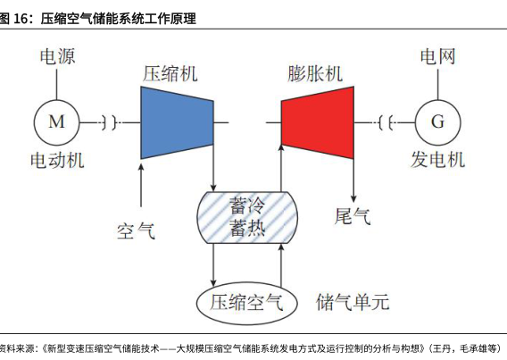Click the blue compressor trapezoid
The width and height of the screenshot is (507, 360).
point(177,122)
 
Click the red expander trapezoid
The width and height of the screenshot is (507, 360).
point(318,122)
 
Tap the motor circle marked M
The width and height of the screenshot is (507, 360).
point(56,122)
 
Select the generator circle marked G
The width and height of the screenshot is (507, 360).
point(437,122)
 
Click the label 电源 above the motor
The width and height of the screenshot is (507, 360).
point(57,56)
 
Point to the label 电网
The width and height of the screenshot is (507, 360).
point(437,56)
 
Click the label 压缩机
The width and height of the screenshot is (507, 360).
point(170,74)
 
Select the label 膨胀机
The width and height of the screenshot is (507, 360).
point(315,74)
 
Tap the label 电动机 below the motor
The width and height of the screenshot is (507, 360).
point(57,160)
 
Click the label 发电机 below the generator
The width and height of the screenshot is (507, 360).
point(437,160)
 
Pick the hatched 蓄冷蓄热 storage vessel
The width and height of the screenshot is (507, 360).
point(247,217)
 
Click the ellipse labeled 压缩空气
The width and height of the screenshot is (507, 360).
point(247,303)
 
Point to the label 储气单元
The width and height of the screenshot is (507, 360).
point(353,302)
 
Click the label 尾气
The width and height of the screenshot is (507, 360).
point(353,216)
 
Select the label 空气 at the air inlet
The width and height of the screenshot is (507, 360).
point(137,230)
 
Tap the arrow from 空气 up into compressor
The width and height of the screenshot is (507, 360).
point(141,185)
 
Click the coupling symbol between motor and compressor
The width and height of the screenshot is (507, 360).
point(109,122)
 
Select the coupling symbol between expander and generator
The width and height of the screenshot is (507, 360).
point(386,122)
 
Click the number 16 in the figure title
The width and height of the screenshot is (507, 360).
point(21,19)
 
